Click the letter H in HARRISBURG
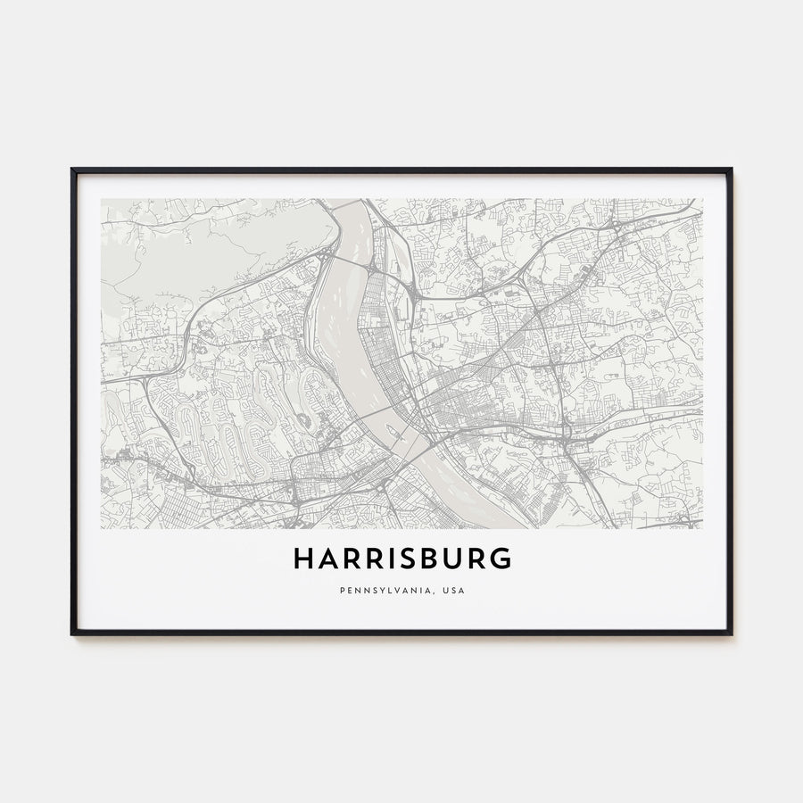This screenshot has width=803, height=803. [302, 559]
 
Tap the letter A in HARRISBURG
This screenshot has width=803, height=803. [327, 559]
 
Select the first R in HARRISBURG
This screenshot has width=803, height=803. [352, 559]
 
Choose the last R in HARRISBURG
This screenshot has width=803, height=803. [481, 559]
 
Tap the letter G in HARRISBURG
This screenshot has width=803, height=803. [504, 559]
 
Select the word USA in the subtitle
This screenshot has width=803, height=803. [453, 590]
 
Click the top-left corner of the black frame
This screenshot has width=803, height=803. [72, 170]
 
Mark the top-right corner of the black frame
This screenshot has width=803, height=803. [731, 170]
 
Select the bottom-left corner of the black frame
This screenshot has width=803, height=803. [72, 633]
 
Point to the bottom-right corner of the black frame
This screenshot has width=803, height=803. [731, 633]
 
